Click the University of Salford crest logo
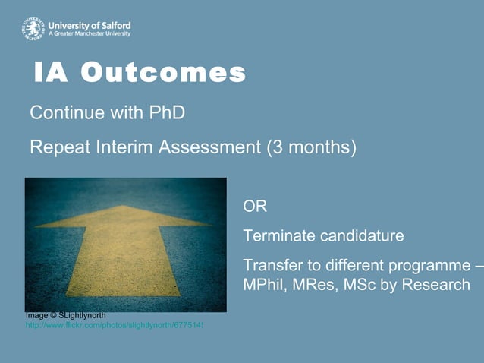coord(33,28)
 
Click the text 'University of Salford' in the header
coord(89,24)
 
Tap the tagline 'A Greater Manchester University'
coord(89,34)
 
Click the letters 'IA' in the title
coord(52,73)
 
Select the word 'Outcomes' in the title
coord(163,73)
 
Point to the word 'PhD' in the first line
coord(168,113)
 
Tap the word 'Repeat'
coord(59,147)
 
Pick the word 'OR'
coord(255,207)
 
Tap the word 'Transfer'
coord(272,266)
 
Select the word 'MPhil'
coord(263,286)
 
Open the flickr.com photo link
coord(115,325)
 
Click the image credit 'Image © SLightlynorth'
coord(65,315)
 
